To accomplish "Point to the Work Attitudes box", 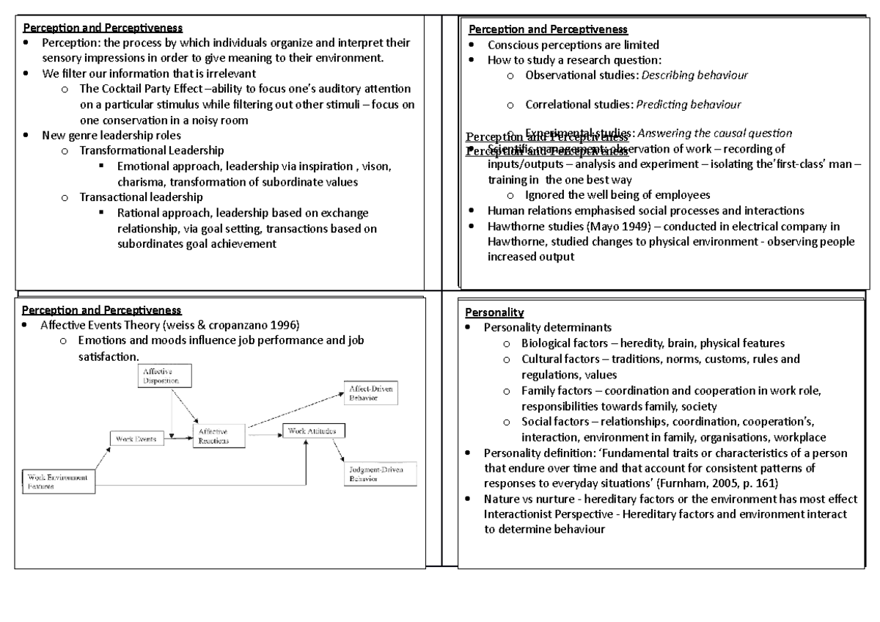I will coord(313,431).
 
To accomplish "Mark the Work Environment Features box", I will coord(59,481).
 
